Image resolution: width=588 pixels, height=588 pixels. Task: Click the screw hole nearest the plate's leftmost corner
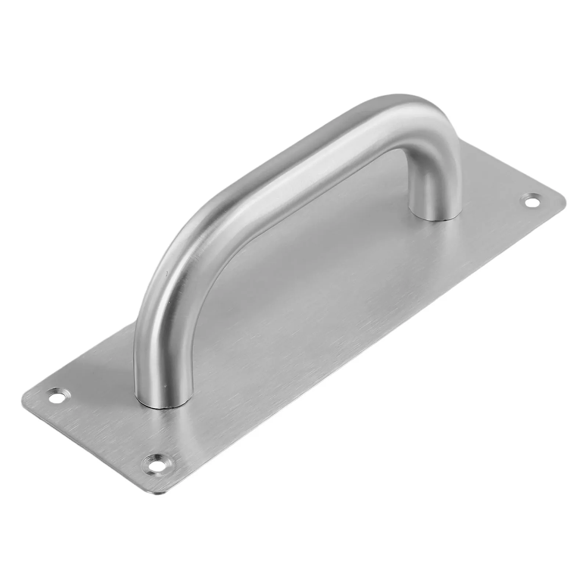click(59, 396)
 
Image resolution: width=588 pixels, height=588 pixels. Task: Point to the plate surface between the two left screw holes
click(107, 426)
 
